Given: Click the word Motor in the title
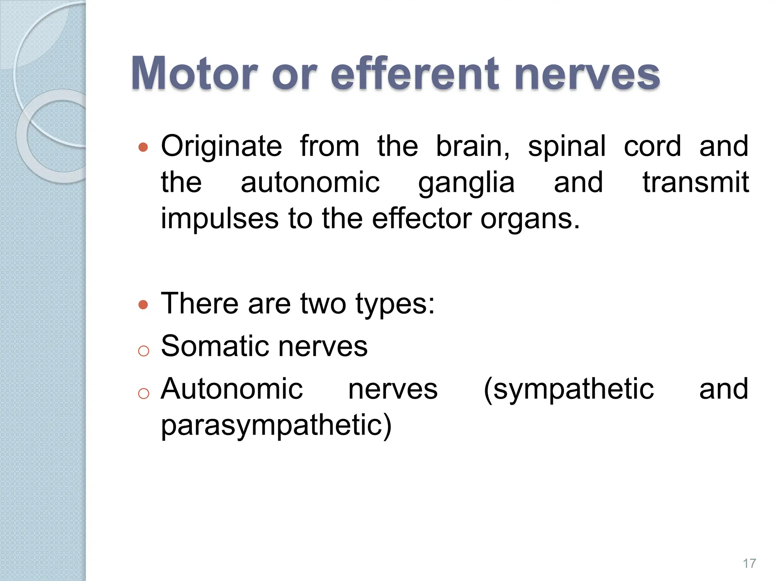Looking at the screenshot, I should [x=195, y=73].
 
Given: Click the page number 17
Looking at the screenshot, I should [x=749, y=563].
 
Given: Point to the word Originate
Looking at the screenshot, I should [x=221, y=146].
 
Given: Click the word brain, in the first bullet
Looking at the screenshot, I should [x=473, y=146].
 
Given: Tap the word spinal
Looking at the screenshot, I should [x=566, y=146].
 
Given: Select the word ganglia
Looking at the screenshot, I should [x=466, y=183].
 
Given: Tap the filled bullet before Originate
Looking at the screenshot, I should [x=143, y=147].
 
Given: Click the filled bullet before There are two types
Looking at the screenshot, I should [x=143, y=304].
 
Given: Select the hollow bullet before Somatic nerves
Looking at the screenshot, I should [x=143, y=351].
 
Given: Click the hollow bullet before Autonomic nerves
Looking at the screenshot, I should [x=143, y=394].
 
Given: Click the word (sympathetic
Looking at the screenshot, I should [x=568, y=390].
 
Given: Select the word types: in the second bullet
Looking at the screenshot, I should [x=395, y=304].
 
